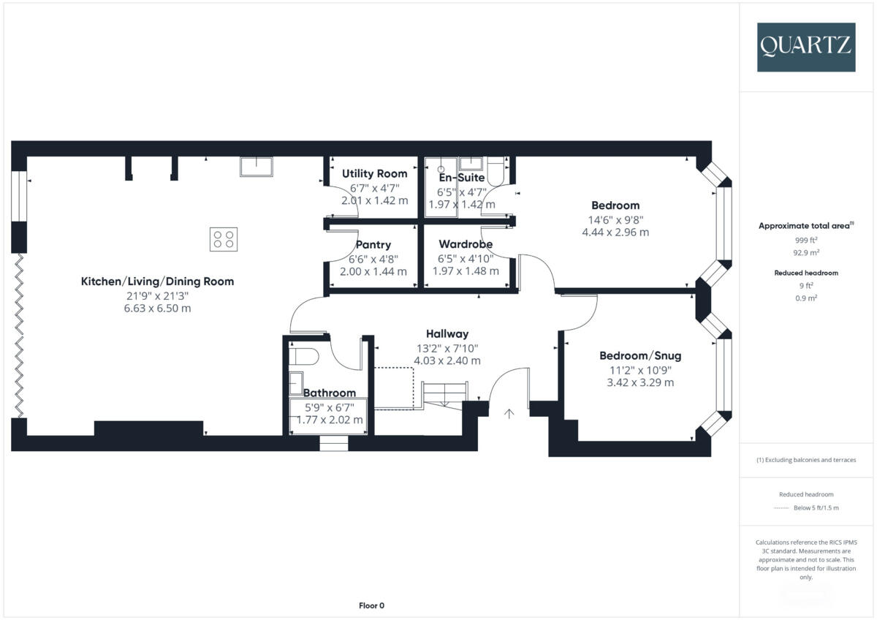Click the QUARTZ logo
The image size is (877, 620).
coord(806,47)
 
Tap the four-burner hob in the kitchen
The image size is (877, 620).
coord(224,239)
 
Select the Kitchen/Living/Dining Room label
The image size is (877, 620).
coord(157,281)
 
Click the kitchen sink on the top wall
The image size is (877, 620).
coord(256,167)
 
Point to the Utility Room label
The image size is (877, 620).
coord(374,174)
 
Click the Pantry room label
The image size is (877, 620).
coord(373,245)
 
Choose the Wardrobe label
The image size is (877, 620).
coord(466,244)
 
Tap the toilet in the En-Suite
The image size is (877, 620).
coord(498,170)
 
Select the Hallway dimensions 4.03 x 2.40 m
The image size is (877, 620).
coord(448,360)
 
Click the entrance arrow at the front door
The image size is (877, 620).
coord(509,414)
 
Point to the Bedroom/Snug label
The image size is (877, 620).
coord(640,356)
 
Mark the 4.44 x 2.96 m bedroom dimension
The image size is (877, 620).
coord(615,232)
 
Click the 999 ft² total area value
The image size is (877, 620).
coord(806,240)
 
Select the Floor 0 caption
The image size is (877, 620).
coord(371,605)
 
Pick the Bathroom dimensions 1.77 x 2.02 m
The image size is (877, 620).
coord(330,420)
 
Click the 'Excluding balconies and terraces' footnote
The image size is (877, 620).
coord(806,460)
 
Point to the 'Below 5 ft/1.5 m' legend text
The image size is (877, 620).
coord(816,507)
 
